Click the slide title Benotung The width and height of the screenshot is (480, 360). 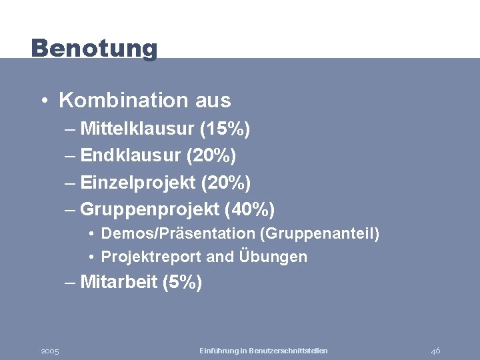pos(94,48)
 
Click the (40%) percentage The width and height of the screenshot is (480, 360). pos(250,209)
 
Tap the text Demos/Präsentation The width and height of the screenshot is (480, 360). pos(178,234)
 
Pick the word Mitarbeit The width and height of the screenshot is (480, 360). pos(118,282)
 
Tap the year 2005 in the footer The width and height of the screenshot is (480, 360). pos(50,351)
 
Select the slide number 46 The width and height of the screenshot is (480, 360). pos(435,351)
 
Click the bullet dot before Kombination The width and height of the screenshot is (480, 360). pos(43,101)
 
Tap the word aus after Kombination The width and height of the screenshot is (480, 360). pos(213,101)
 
